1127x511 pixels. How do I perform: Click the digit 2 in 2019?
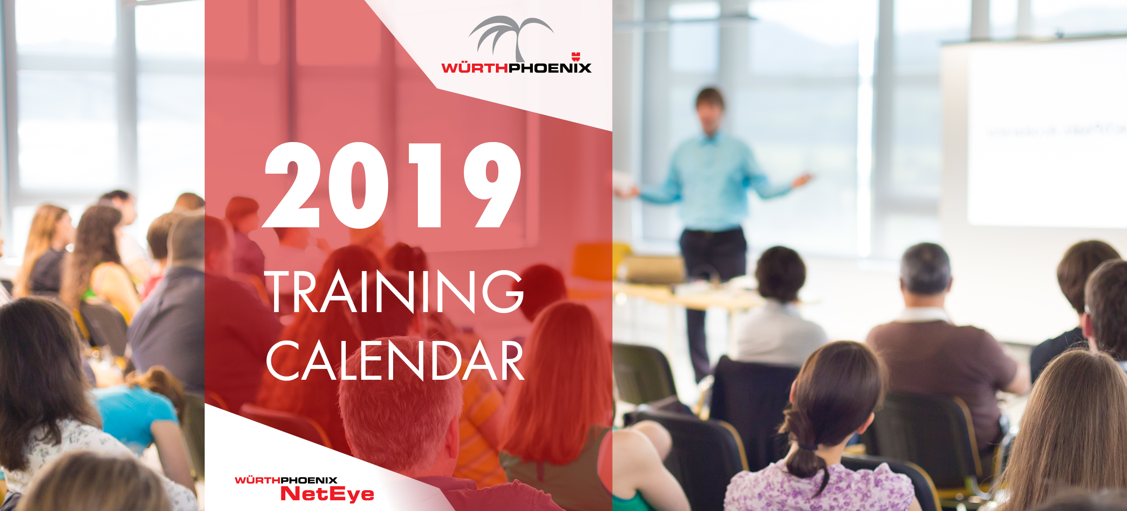[x=291, y=185]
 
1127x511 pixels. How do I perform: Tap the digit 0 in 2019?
[x=358, y=185]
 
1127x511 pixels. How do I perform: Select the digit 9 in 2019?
[x=492, y=185]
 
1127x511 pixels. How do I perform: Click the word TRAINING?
[x=394, y=291]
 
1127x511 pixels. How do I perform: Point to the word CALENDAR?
[x=395, y=360]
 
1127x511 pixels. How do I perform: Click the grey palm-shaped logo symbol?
[x=511, y=38]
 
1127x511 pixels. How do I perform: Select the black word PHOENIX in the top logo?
[x=550, y=68]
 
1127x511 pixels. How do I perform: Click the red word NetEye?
[x=327, y=494]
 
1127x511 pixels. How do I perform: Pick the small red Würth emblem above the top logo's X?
[x=576, y=57]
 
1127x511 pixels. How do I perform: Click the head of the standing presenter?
[x=710, y=109]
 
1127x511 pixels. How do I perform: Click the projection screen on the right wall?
[x=1046, y=135]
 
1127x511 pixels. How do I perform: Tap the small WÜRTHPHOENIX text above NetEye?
[x=286, y=480]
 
